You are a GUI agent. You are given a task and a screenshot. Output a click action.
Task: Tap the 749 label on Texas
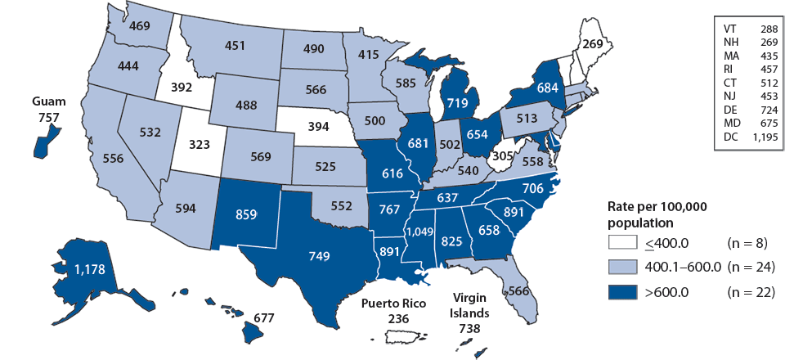pyautogui.click(x=320, y=256)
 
